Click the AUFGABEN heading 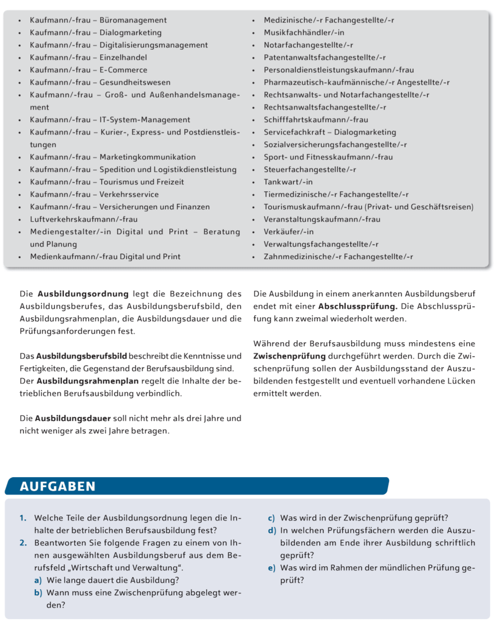click(57, 486)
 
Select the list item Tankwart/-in click(288, 182)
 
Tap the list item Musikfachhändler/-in click(304, 32)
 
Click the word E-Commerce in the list click(123, 70)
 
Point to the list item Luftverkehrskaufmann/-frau click(84, 219)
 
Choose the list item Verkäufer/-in click(288, 232)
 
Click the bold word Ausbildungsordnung click(83, 294)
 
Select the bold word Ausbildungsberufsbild click(81, 356)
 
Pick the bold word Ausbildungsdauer click(73, 418)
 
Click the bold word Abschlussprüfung click(358, 306)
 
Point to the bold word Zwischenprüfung click(289, 356)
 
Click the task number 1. click(23, 518)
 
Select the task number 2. click(23, 543)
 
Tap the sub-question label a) click(38, 580)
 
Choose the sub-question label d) click(271, 530)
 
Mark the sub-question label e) click(271, 568)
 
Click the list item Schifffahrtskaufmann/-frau click(316, 120)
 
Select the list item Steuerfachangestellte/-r click(310, 169)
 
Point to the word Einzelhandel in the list click(123, 57)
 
